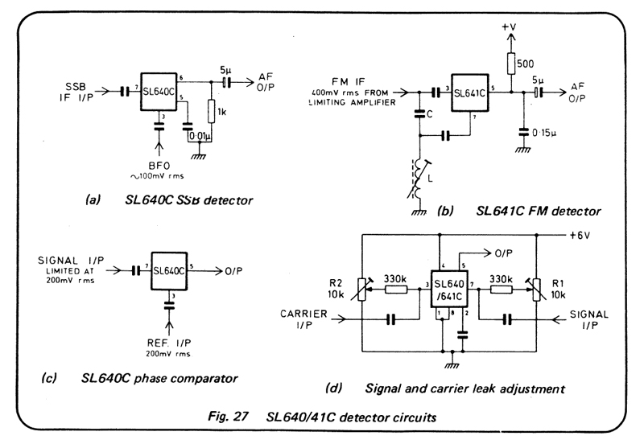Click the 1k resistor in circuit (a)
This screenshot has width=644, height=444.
click(211, 112)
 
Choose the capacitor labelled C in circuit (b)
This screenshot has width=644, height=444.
click(419, 114)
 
